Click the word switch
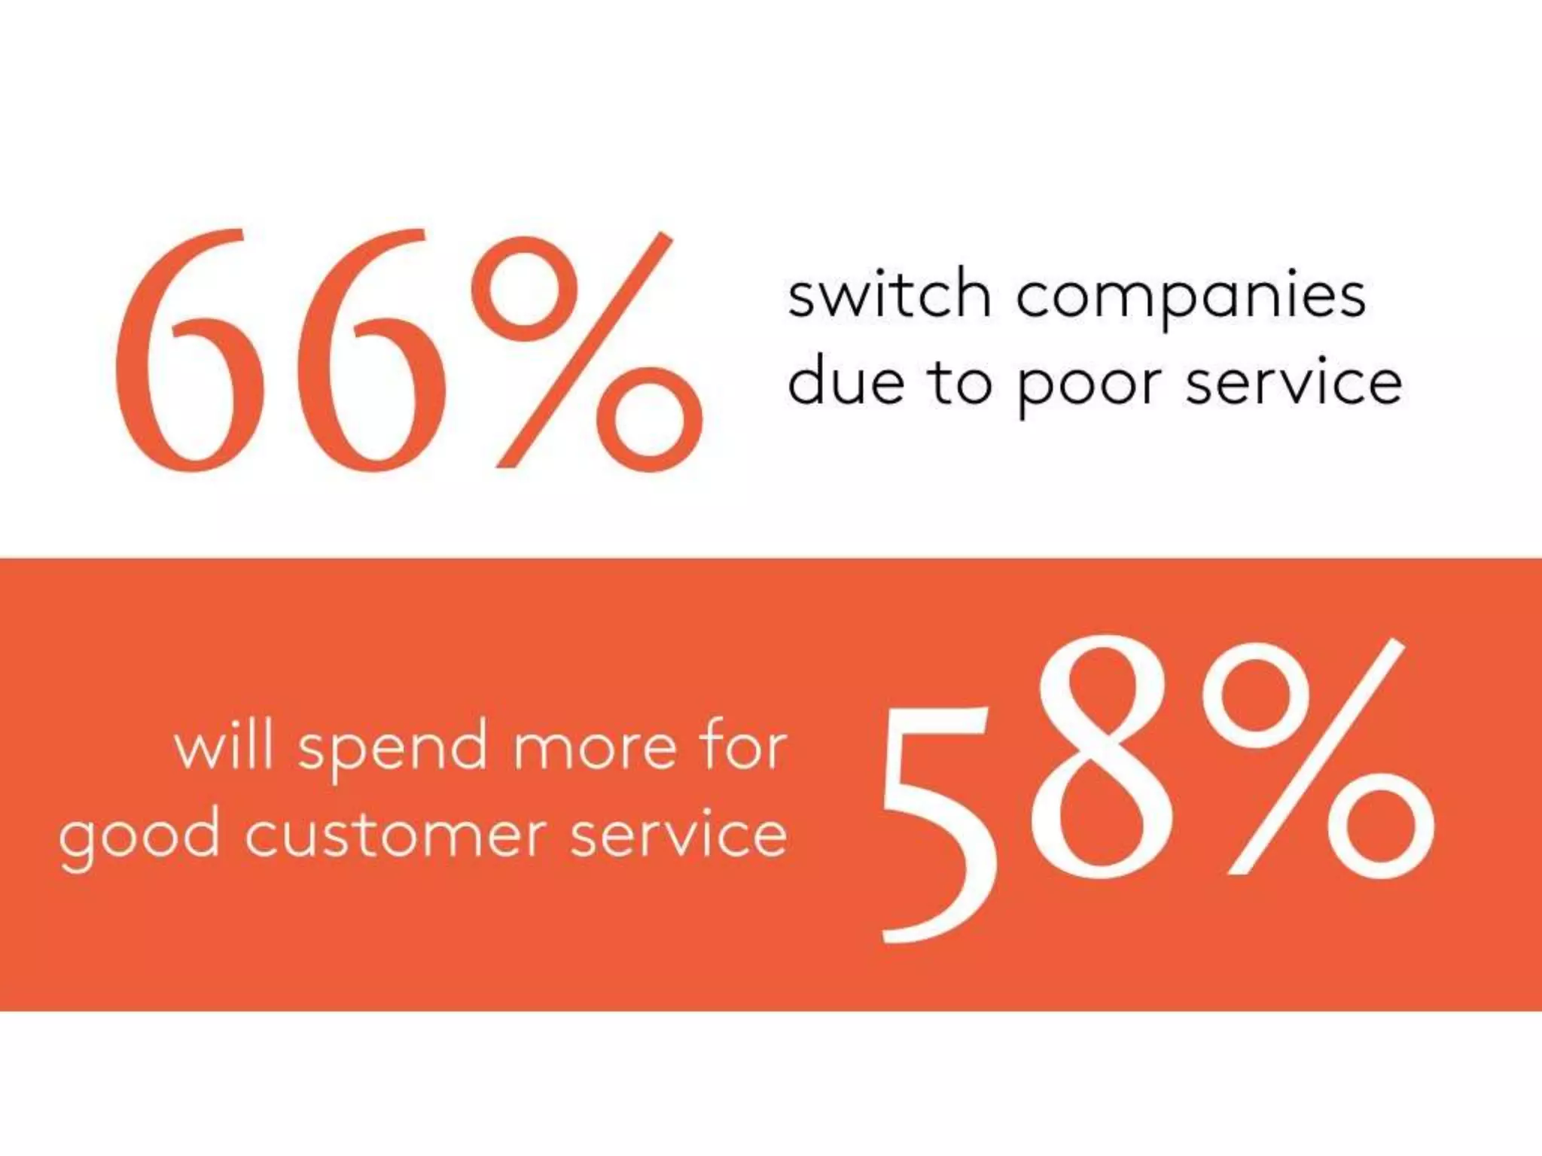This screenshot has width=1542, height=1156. [x=888, y=295]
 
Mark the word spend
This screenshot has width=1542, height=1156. [x=392, y=751]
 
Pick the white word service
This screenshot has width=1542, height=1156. [x=678, y=835]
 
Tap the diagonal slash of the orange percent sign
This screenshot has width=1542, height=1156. [x=584, y=351]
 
